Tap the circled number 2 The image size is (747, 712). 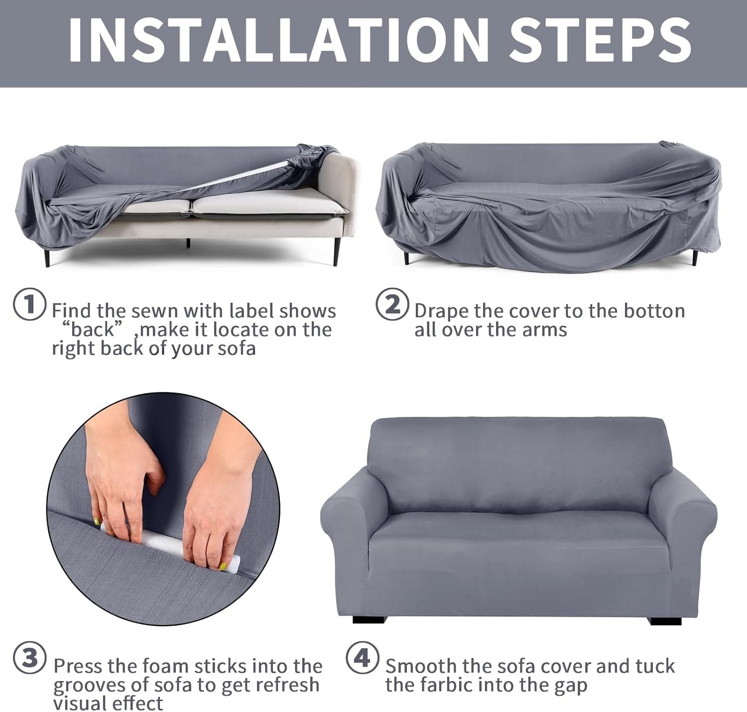coord(392,304)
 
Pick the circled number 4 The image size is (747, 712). coord(363,658)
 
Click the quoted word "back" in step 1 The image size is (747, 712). coord(93,330)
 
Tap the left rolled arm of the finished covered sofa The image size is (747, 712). coord(346,518)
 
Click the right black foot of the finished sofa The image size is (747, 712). coord(659,620)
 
